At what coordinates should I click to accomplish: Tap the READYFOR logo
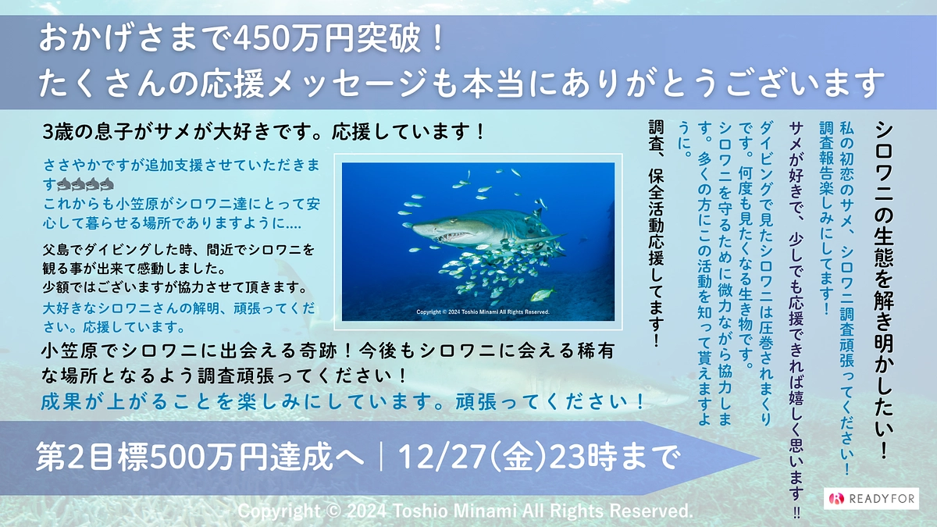coord(871,498)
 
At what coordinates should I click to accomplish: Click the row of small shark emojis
coord(86,185)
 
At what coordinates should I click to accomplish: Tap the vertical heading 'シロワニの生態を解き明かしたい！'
coord(885,289)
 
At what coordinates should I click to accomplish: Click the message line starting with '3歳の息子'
coord(265,131)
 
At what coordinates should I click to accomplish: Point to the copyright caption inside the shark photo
coord(483,312)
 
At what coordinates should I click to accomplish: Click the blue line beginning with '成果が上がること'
coord(344,402)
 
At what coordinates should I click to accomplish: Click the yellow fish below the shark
coord(541,295)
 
